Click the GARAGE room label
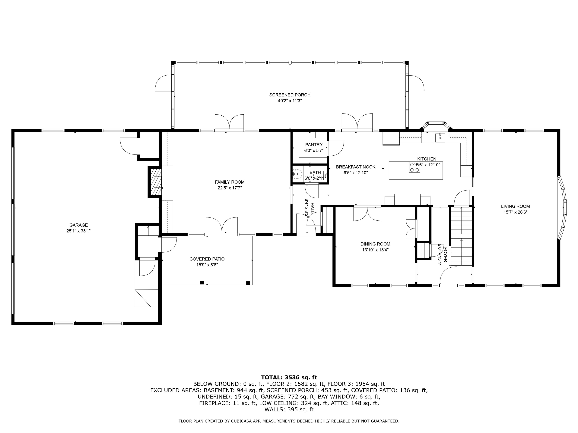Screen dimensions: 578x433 (78, 225)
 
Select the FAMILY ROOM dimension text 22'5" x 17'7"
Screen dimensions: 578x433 (230, 188)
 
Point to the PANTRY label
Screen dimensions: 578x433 (314, 145)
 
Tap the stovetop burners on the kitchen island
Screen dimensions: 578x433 (414, 167)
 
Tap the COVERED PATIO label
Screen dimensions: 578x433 (207, 259)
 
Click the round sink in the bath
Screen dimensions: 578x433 (297, 173)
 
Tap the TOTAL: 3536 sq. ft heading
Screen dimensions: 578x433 (289, 377)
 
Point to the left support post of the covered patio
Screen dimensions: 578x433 (202, 282)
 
